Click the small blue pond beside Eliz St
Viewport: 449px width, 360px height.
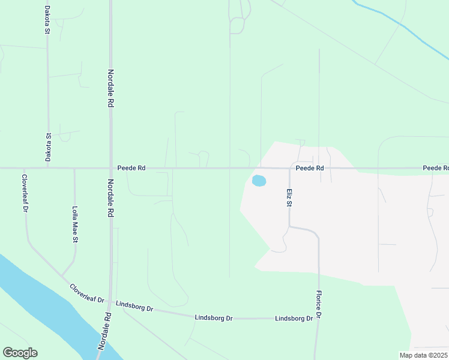[x=259, y=181]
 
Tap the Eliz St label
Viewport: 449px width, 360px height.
[x=289, y=197]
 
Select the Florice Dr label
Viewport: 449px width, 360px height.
[x=319, y=305]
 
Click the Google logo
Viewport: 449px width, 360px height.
[x=20, y=353]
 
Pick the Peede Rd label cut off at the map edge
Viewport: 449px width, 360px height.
[x=435, y=169]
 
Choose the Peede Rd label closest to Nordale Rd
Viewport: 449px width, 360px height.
[x=131, y=169]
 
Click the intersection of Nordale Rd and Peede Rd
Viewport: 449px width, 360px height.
[x=110, y=169]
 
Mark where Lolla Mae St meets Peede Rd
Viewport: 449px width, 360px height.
[x=74, y=169]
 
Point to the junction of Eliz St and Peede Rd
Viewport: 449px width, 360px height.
[x=290, y=169]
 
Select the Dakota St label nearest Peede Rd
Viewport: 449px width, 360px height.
[x=48, y=148]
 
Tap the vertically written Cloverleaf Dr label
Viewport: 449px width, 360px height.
[x=25, y=193]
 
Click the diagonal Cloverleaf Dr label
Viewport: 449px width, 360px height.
[x=87, y=293]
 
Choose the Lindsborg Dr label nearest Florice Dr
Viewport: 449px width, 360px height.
[x=294, y=319]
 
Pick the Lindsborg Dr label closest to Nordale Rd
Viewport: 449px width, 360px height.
[x=134, y=307]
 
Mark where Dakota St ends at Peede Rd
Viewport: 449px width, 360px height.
[x=48, y=169]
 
